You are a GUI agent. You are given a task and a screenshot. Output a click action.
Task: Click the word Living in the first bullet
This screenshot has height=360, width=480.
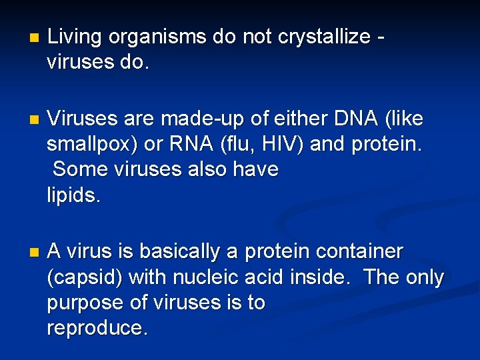[x=74, y=37]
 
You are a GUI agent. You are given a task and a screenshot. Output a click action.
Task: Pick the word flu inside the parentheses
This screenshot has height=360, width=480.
[x=250, y=144]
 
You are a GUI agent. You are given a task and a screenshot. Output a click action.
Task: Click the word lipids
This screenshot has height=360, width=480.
[x=73, y=195]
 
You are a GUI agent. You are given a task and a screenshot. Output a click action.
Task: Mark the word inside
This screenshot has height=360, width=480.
[x=319, y=277]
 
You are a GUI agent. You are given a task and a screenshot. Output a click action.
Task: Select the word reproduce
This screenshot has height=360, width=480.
[x=97, y=328]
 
